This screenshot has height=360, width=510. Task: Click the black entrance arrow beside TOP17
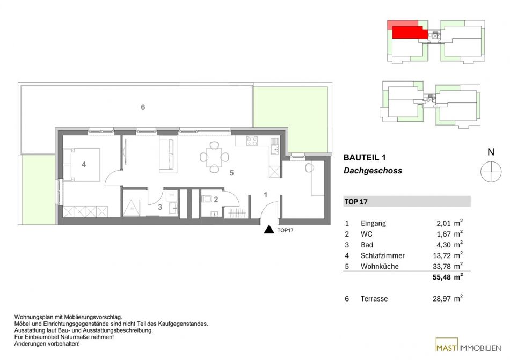[269, 230]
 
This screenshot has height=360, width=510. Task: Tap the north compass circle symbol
[491, 172]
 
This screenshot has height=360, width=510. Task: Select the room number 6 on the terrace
[143, 107]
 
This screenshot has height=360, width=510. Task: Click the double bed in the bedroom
[82, 164]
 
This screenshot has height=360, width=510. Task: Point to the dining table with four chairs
[214, 157]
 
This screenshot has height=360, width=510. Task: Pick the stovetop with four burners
[252, 141]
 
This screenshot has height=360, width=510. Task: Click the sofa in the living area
[168, 154]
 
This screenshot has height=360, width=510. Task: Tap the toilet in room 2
[207, 199]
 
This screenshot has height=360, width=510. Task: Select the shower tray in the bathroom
[132, 208]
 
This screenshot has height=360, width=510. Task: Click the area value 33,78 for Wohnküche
[441, 267]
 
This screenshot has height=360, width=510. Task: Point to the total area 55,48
[441, 277]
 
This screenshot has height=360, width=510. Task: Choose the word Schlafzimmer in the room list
[382, 256]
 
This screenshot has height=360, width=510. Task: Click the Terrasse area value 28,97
[441, 299]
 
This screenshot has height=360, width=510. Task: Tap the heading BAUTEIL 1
[365, 158]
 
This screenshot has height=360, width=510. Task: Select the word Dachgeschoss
[373, 171]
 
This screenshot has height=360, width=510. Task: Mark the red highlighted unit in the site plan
[409, 33]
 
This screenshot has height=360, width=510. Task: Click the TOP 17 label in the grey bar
[356, 202]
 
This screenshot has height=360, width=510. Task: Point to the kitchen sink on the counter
[274, 149]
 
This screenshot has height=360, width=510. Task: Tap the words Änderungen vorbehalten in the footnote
[47, 344]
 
